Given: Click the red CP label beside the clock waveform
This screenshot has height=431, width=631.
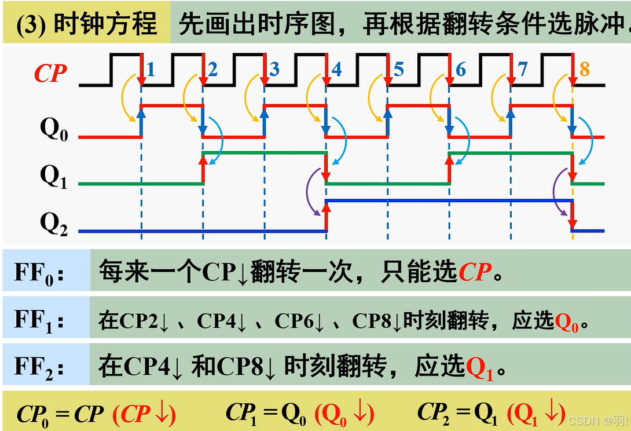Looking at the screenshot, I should pyautogui.click(x=50, y=74).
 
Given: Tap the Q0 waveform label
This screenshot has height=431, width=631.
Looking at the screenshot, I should pyautogui.click(x=54, y=131).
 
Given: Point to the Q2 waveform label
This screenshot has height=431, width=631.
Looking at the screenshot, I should pyautogui.click(x=54, y=225).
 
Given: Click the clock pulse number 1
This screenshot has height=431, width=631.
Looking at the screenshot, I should pyautogui.click(x=151, y=70).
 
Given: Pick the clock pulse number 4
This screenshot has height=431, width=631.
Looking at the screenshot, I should pyautogui.click(x=336, y=70).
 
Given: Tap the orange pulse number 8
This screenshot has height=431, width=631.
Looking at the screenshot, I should pyautogui.click(x=584, y=70).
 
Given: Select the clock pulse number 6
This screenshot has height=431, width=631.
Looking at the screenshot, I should pyautogui.click(x=460, y=70).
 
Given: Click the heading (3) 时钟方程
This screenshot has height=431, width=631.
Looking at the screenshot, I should pyautogui.click(x=87, y=25).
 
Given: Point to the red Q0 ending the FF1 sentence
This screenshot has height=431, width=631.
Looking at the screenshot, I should pyautogui.click(x=567, y=322).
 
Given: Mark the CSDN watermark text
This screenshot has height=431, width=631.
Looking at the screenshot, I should pyautogui.click(x=598, y=420).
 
